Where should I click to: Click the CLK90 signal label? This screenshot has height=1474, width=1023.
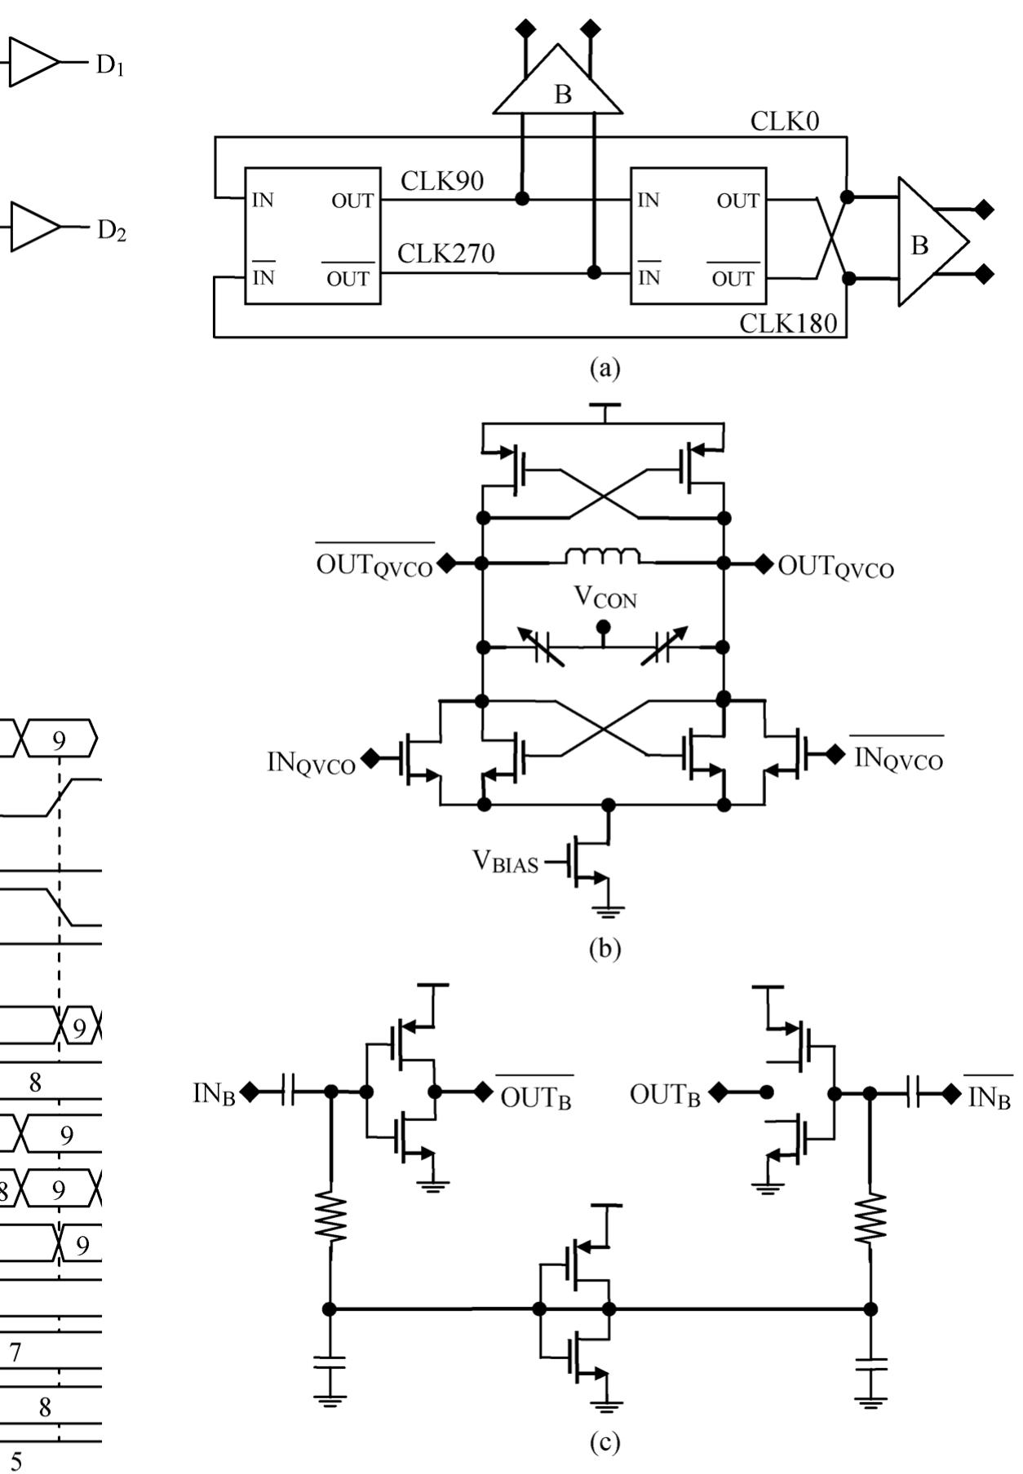[441, 182]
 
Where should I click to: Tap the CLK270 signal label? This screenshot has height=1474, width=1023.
[445, 254]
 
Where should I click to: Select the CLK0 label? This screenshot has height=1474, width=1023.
[784, 122]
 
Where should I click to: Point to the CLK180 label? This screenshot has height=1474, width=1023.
[787, 324]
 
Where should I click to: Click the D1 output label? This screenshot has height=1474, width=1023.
[109, 65]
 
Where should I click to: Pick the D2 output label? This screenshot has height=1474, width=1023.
[111, 231]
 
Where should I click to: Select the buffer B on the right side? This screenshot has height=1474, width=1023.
[928, 243]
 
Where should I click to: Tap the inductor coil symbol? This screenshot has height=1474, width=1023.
[603, 557]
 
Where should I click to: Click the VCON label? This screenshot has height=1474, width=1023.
[604, 598]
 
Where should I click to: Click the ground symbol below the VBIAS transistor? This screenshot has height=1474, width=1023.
[607, 911]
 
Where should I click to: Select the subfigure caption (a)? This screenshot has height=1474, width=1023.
[604, 368]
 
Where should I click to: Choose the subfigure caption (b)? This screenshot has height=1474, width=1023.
[604, 948]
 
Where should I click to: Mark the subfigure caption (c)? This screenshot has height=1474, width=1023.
[604, 1442]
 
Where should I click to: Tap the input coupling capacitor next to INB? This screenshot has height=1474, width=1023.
[287, 1091]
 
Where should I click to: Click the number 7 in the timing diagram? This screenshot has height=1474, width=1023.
[15, 1352]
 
